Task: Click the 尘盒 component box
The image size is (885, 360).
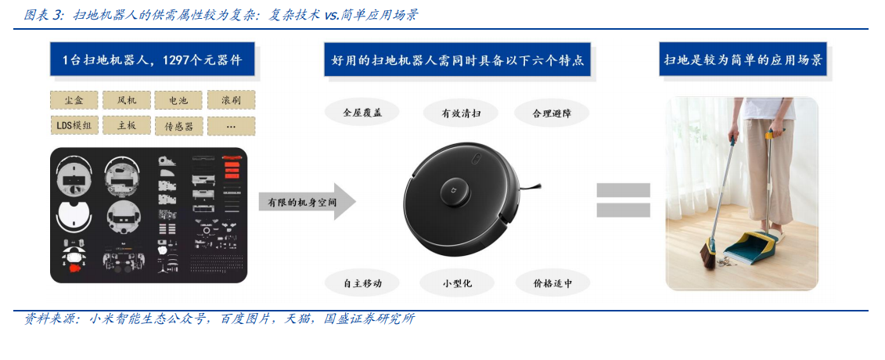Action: [x=74, y=100]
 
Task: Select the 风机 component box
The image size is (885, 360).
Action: [x=127, y=100]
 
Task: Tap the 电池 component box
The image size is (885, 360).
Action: [x=178, y=100]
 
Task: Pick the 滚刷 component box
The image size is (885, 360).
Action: [x=231, y=100]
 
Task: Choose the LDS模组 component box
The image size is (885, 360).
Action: [x=74, y=126]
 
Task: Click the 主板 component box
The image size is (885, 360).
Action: [x=127, y=126]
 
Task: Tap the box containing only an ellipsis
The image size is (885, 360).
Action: [x=231, y=126]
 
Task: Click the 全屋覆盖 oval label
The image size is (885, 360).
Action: [x=362, y=113]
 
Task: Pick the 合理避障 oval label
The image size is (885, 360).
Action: [x=552, y=113]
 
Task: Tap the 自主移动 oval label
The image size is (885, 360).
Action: [x=362, y=283]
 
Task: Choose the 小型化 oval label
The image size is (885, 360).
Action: [x=457, y=283]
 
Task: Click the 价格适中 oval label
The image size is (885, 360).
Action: [x=552, y=283]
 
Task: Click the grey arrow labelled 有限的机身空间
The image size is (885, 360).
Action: [x=307, y=201]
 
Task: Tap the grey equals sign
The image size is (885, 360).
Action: [x=623, y=200]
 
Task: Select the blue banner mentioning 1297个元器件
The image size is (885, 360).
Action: [x=152, y=59]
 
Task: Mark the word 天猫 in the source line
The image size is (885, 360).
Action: [x=299, y=319]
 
